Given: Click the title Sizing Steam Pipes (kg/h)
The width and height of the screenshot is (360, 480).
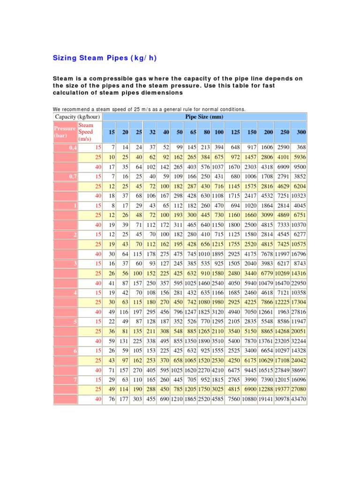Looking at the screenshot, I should (104, 58).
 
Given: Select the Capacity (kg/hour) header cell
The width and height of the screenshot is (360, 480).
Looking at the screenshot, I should (77, 116).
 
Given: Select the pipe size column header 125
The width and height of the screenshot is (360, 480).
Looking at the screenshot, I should (235, 133).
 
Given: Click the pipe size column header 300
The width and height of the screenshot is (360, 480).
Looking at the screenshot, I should (301, 133).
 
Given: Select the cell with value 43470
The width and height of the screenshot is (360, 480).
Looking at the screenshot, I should (298, 399).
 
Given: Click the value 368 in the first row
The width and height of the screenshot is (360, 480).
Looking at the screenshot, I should (301, 148).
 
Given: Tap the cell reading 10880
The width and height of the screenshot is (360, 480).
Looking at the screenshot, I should (249, 399).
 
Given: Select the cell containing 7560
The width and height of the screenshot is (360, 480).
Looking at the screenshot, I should (233, 399).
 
